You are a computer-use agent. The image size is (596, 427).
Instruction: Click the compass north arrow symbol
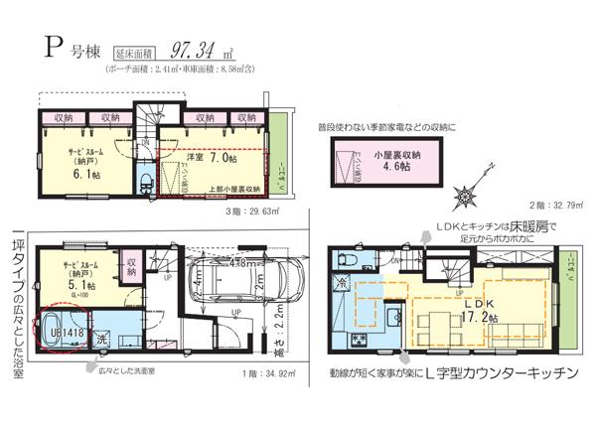pyautogui.click(x=465, y=195)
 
